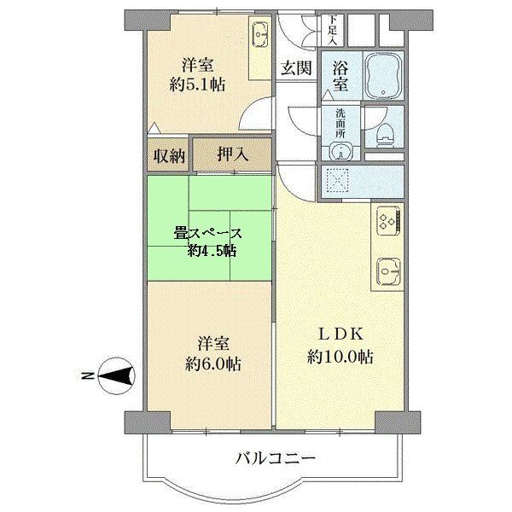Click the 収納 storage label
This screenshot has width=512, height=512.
(167, 155)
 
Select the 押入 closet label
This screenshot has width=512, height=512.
(230, 155)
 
